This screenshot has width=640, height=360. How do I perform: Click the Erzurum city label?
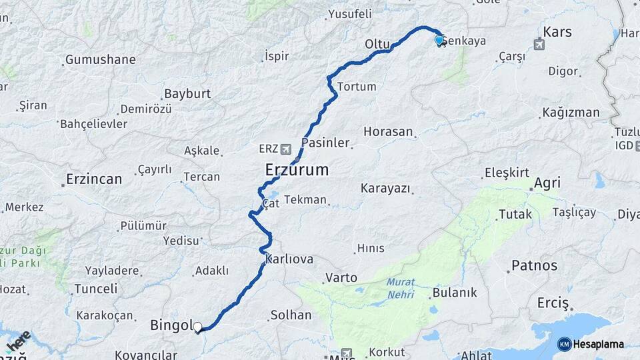297,169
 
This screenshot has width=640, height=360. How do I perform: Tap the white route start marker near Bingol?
197,327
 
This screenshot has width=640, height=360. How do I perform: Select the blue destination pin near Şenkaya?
439,41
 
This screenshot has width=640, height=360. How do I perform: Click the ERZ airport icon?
287,148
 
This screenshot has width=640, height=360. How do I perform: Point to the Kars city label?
557,32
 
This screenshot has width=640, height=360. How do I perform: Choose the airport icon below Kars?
539,45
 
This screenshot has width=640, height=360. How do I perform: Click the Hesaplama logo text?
599,344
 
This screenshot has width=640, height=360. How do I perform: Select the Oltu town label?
377,44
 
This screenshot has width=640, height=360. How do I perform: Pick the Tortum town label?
357,87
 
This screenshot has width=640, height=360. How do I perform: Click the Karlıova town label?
289,259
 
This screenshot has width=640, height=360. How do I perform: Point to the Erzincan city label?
94,179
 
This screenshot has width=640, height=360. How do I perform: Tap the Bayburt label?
187,94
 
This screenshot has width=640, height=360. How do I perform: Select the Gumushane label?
100,60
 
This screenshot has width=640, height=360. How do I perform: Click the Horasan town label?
389,132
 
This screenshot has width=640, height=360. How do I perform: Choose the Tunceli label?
95,289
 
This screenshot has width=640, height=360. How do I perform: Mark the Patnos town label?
533,265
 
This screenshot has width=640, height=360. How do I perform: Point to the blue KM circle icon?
565,344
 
